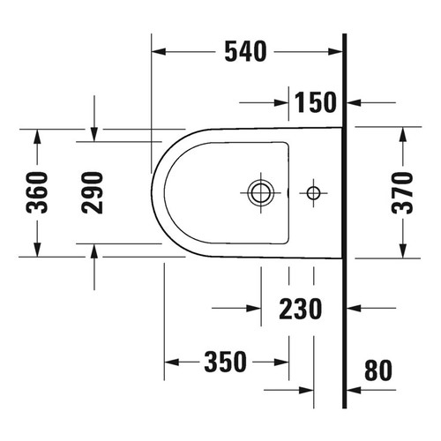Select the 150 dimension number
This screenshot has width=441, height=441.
coord(315,102)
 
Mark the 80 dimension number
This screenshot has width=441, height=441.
coord(377,370)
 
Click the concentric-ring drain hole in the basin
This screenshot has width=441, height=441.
coord(259,191)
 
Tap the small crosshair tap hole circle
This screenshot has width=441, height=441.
coord(313,191)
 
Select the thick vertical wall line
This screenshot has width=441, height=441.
coord(345,220)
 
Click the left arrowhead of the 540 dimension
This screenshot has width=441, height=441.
coord(160,53)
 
